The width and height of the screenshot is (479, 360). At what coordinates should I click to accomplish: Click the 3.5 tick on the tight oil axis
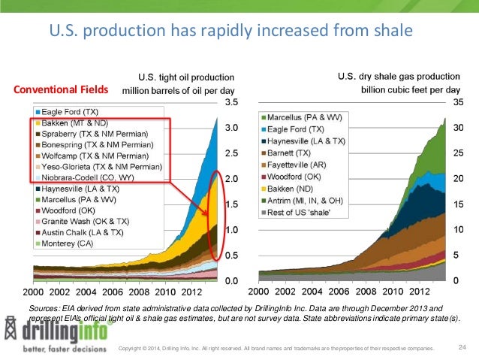[x=233, y=101]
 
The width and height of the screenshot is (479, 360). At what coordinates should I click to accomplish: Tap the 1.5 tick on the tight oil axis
[x=233, y=204]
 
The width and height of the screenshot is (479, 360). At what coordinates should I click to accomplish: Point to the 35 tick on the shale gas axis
[x=457, y=101]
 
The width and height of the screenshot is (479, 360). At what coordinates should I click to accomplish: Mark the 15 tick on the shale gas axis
[x=457, y=204]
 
